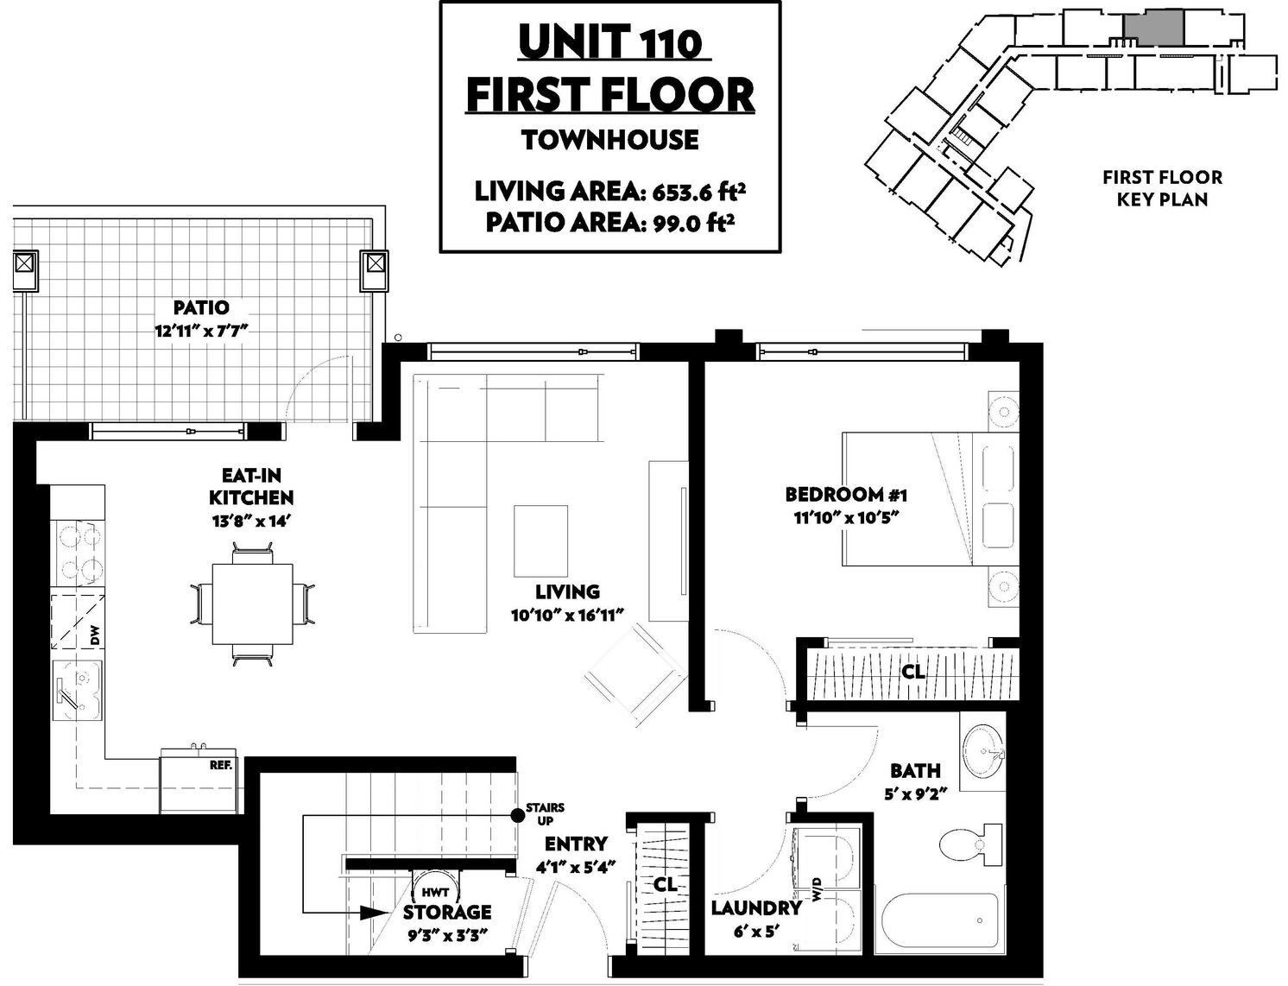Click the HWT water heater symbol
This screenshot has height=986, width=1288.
click(x=435, y=891)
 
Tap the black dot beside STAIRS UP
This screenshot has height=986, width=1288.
click(x=517, y=815)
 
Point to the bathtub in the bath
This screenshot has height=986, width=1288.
click(x=941, y=926)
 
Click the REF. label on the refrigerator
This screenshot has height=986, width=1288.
click(x=221, y=765)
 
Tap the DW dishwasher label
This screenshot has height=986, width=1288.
click(x=96, y=635)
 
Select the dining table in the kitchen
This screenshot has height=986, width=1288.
click(x=252, y=604)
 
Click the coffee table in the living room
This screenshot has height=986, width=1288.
click(x=540, y=540)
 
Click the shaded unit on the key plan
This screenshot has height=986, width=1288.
click(x=1152, y=28)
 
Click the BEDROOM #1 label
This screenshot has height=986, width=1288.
click(x=845, y=495)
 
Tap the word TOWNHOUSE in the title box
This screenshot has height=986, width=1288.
click(x=609, y=140)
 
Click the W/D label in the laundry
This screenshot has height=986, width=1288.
click(x=818, y=889)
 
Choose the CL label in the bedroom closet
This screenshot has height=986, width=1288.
click(x=912, y=672)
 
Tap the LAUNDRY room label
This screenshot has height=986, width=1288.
click(x=755, y=908)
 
